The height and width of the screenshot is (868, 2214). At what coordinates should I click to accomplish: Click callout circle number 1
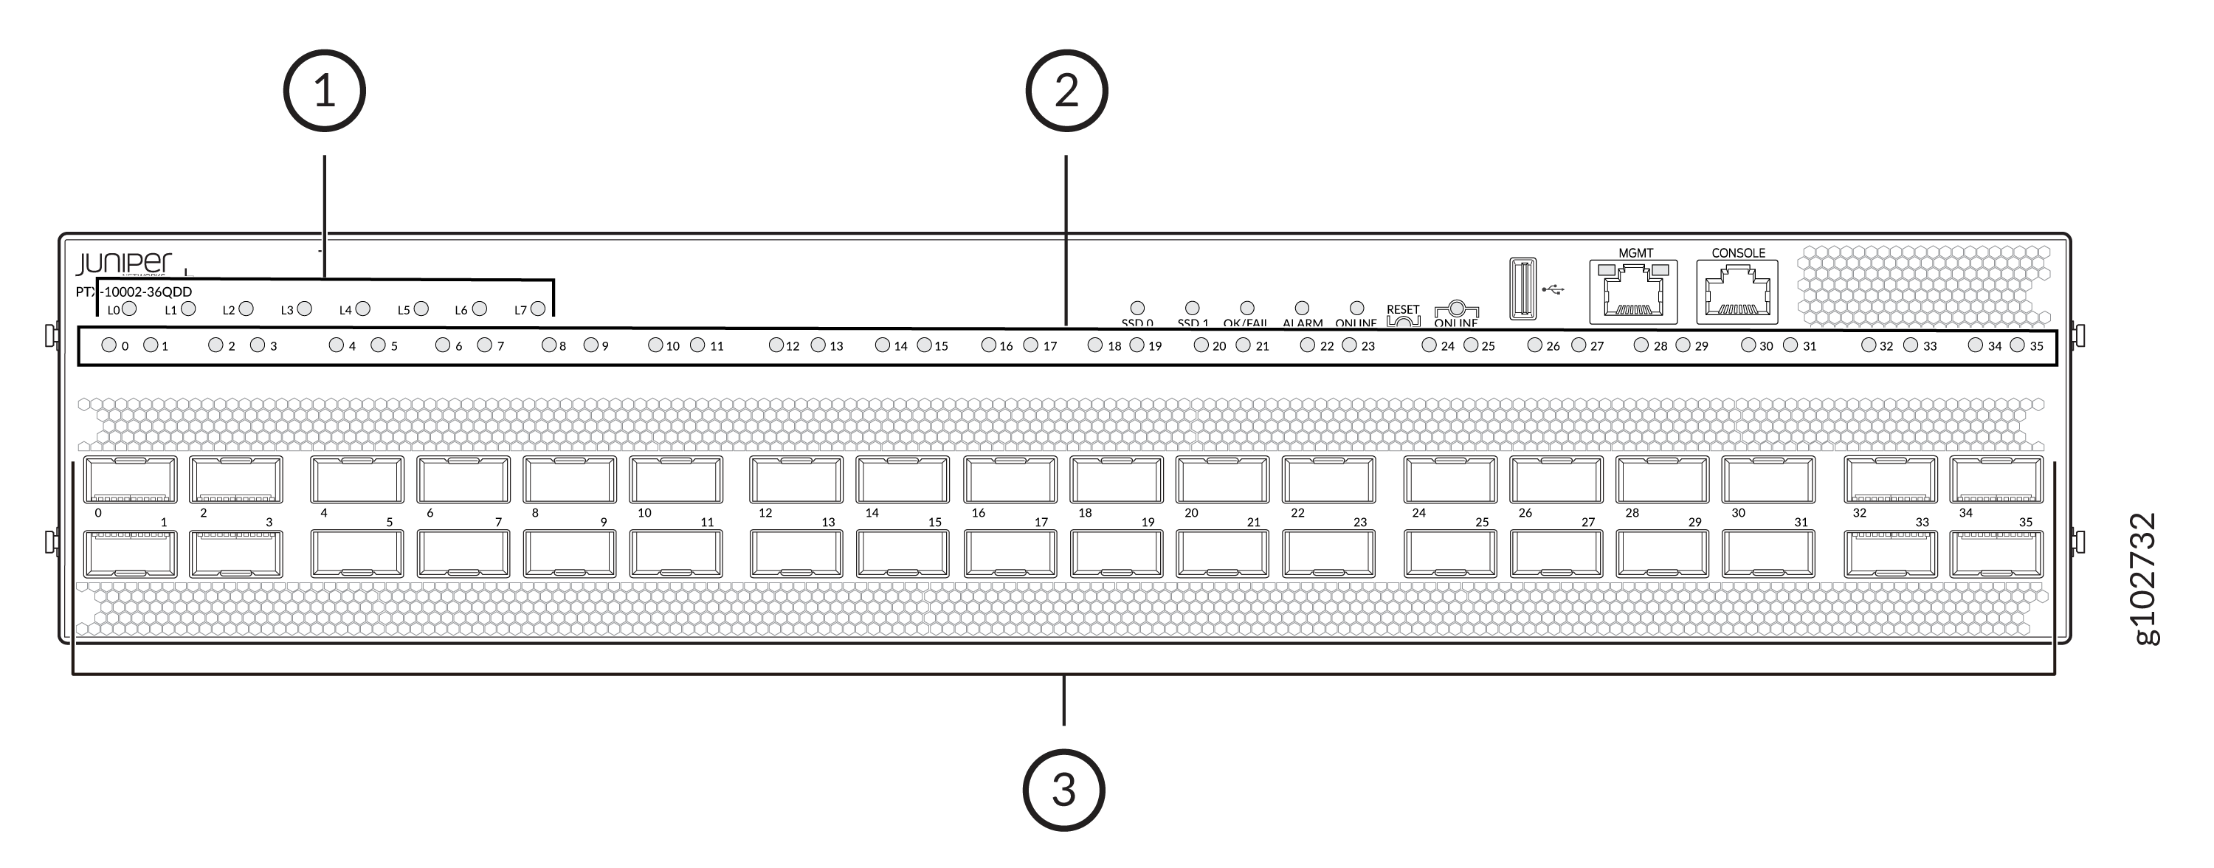(324, 90)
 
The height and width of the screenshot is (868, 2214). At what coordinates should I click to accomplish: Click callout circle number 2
(1066, 90)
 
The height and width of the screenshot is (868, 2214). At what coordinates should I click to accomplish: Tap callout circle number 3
(1063, 789)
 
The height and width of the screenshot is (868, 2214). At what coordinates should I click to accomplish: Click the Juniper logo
(124, 263)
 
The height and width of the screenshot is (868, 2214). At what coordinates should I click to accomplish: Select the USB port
(1523, 289)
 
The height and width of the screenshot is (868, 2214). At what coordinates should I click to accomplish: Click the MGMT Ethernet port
(1633, 294)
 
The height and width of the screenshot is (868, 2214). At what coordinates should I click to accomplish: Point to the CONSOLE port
(1737, 294)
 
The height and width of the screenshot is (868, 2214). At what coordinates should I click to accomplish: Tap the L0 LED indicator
(130, 309)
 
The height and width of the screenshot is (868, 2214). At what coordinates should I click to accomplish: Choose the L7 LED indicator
(538, 309)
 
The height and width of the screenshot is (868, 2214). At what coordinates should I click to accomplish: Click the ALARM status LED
(1302, 308)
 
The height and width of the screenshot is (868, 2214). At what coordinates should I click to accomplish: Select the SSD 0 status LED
(1137, 308)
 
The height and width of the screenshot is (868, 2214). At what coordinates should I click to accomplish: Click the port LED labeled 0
(109, 345)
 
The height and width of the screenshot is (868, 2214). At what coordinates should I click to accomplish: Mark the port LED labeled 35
(2017, 345)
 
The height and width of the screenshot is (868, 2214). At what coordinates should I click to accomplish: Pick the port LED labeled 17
(1030, 345)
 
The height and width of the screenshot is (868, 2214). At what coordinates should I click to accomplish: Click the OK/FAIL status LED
(1247, 308)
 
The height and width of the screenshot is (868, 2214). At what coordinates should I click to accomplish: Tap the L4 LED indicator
(362, 309)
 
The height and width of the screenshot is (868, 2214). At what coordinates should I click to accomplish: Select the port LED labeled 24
(1430, 345)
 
